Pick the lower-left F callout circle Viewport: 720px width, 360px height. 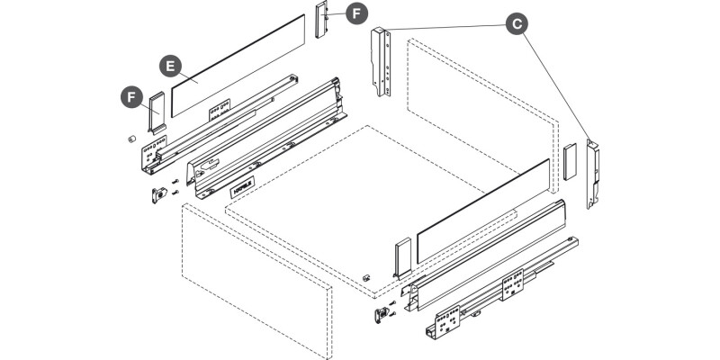pos(132,94)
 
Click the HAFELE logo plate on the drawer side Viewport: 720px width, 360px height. pos(240,189)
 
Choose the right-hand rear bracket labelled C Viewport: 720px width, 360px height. pos(592,173)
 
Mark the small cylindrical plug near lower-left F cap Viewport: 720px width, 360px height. pos(130,139)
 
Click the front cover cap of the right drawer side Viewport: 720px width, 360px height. pos(401,256)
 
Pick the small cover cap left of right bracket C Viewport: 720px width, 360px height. pos(569,159)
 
